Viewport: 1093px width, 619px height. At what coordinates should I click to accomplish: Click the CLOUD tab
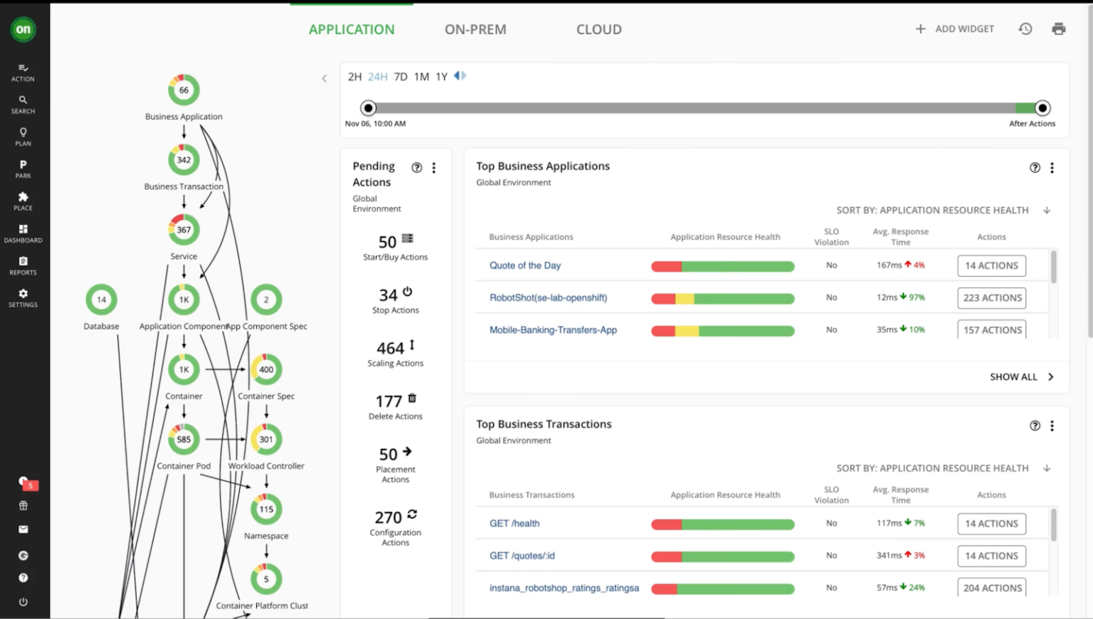click(x=598, y=29)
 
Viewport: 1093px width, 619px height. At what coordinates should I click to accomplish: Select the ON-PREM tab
click(x=475, y=29)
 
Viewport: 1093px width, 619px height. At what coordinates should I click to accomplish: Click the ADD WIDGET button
click(x=954, y=29)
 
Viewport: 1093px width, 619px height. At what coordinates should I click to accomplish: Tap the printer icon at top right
click(x=1058, y=29)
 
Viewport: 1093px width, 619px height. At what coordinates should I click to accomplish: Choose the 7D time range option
click(x=401, y=77)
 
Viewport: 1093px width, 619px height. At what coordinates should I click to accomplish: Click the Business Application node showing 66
click(x=184, y=90)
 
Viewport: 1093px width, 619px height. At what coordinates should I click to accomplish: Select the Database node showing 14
click(x=101, y=300)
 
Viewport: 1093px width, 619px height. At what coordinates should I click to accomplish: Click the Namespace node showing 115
click(x=266, y=509)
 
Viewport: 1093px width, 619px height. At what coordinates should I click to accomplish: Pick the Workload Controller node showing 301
click(x=266, y=440)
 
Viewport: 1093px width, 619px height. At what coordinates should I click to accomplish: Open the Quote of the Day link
click(x=524, y=265)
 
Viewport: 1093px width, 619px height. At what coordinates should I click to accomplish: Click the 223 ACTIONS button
click(x=992, y=298)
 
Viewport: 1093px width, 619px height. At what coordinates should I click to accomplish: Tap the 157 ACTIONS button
click(x=992, y=330)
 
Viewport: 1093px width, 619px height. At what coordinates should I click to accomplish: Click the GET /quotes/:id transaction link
click(x=522, y=556)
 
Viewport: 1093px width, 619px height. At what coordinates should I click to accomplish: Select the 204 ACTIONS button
click(x=992, y=588)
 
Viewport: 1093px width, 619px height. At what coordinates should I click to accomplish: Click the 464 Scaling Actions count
click(x=391, y=348)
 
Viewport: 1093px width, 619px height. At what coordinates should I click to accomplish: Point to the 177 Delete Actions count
click(x=389, y=401)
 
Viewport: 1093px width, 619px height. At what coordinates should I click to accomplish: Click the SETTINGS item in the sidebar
click(x=23, y=297)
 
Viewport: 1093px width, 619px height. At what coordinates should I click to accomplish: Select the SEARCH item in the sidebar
click(x=23, y=104)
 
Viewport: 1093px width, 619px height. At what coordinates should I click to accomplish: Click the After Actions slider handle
click(x=1042, y=108)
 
